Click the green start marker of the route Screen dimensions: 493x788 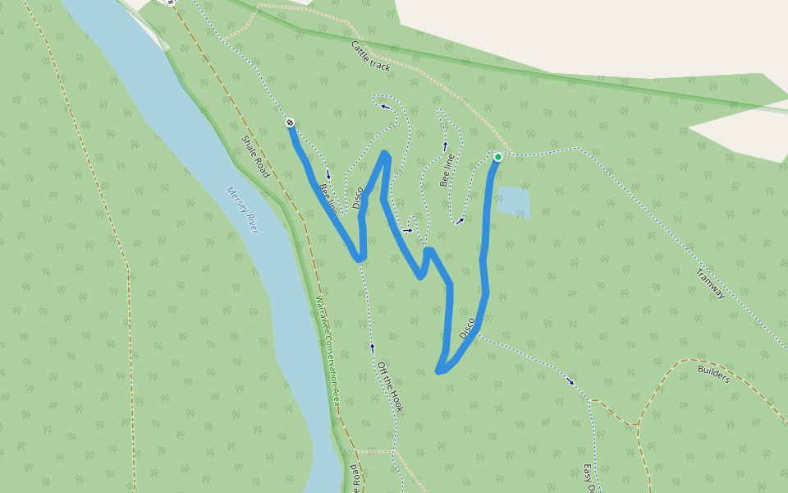[x=497, y=157]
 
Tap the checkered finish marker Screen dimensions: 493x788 [x=290, y=122]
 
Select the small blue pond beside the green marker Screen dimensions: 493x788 [x=513, y=201]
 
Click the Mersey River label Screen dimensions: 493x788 [x=242, y=210]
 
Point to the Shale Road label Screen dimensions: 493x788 [x=255, y=157]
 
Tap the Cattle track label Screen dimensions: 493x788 [x=370, y=57]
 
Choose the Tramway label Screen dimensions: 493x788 [x=711, y=283]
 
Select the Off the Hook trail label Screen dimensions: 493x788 [x=391, y=386]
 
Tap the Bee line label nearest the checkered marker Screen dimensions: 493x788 [x=327, y=198]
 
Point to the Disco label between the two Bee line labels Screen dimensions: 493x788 [x=358, y=197]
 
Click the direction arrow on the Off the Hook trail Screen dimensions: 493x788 [x=372, y=347]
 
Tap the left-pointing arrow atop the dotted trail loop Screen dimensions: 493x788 [x=384, y=106]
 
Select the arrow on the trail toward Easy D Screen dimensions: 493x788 [x=570, y=380]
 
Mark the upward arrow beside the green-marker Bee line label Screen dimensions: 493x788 [x=445, y=145]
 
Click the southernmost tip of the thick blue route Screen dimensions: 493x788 [x=440, y=371]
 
